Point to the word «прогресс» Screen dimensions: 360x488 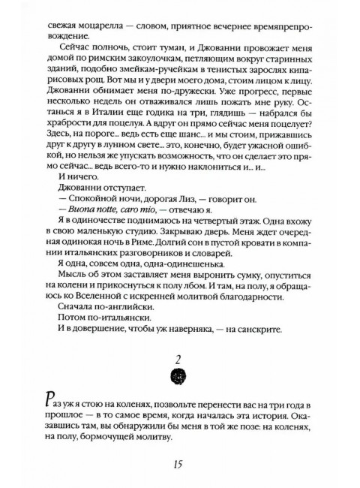click(x=268, y=111)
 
